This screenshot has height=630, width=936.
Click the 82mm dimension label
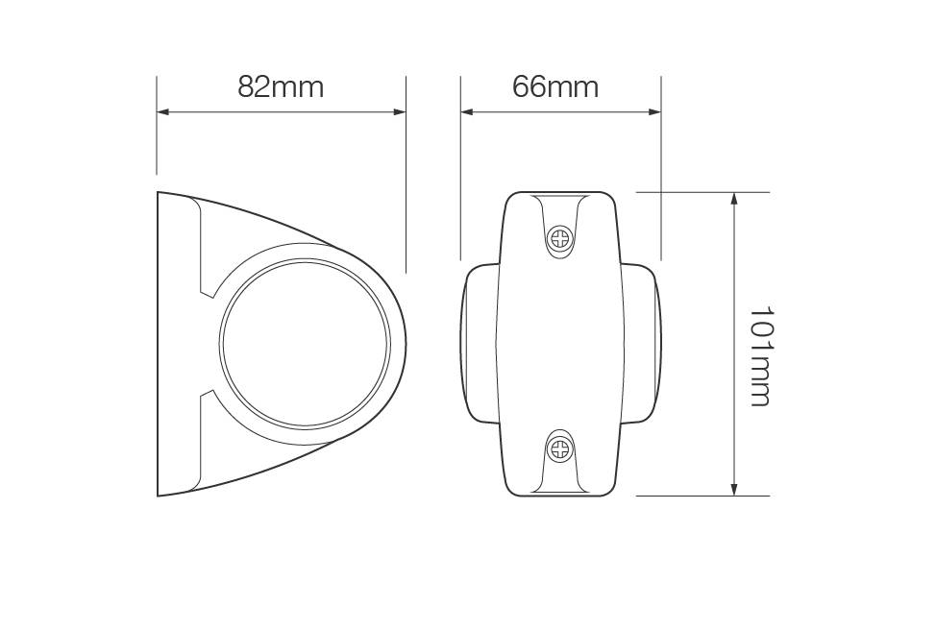click(281, 86)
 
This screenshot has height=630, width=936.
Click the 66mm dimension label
click(555, 86)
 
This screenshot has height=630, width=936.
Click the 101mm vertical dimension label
click(760, 356)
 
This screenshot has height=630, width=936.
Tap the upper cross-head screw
click(559, 237)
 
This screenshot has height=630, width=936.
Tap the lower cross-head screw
click(559, 448)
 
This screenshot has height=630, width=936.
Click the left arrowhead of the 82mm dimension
click(163, 111)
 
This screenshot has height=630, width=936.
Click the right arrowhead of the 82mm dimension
click(400, 111)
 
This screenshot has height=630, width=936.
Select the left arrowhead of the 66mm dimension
click(467, 111)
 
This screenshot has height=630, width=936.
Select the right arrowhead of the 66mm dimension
click(655, 111)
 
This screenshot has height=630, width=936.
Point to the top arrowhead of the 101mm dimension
click(734, 199)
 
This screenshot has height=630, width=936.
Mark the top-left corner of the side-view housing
click(159, 193)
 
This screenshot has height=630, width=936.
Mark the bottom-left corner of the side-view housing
click(159, 495)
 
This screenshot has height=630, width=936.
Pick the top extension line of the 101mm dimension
click(702, 192)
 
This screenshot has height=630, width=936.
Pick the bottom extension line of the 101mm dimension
click(702, 496)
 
